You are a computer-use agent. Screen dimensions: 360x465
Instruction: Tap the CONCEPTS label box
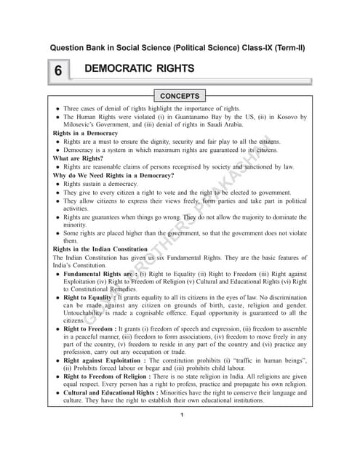tap(180, 95)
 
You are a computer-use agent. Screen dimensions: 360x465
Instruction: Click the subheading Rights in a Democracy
tap(85, 134)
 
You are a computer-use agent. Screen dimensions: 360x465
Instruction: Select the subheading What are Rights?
tap(78, 157)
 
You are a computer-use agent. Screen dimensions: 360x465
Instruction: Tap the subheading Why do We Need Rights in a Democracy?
tap(113, 175)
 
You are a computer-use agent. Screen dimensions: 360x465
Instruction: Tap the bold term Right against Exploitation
tap(107, 360)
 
